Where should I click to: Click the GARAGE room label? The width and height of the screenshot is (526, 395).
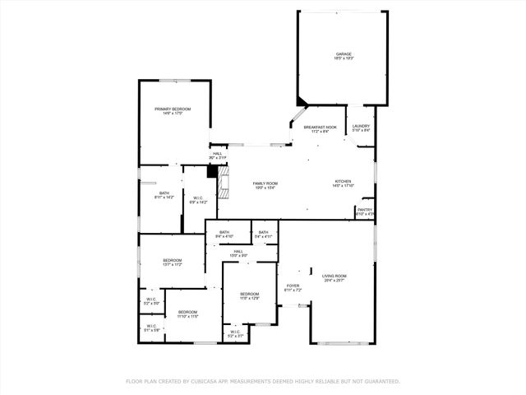click(x=343, y=54)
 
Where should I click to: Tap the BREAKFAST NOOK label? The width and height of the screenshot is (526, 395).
click(x=320, y=128)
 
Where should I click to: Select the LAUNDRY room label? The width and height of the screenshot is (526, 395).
click(x=362, y=126)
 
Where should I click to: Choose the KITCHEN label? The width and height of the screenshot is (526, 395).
click(x=343, y=182)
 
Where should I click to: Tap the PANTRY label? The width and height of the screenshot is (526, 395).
click(x=365, y=210)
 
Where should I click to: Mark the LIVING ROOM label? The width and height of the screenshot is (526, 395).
click(x=334, y=276)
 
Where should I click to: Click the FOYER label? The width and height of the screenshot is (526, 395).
click(x=293, y=286)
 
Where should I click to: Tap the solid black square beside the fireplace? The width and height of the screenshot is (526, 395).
click(x=212, y=172)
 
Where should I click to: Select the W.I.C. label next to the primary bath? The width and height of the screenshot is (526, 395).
click(x=198, y=197)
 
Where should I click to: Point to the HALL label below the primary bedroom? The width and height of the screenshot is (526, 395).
click(x=217, y=153)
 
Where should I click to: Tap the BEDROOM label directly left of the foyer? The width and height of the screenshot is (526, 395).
click(x=249, y=293)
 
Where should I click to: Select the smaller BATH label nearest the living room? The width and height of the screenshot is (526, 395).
click(x=263, y=232)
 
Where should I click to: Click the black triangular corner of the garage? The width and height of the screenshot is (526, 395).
click(x=302, y=103)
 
